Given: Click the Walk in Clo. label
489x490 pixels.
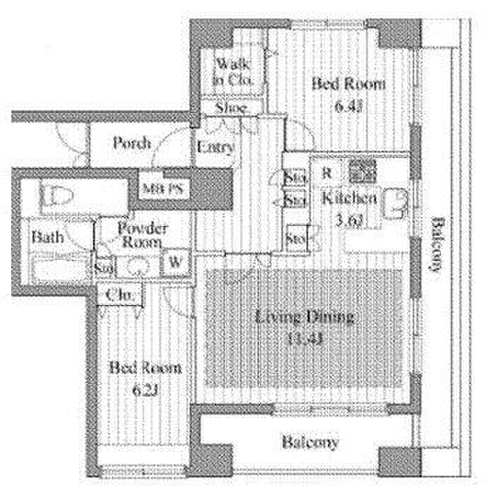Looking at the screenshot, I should (x=232, y=71).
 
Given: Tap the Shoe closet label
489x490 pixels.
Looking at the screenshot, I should (x=230, y=109).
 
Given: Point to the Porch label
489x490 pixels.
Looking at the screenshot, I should (x=131, y=143).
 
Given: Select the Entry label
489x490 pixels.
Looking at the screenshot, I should (x=215, y=148).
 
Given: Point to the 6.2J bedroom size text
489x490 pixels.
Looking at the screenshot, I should (x=141, y=388).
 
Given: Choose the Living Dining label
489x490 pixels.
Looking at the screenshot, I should (x=305, y=317).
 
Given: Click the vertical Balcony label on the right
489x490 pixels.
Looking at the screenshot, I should (x=437, y=243).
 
